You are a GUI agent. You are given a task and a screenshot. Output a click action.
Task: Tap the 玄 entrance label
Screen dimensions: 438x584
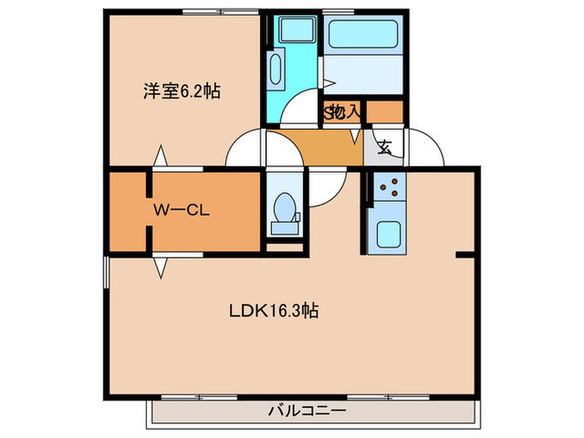coord(385,149)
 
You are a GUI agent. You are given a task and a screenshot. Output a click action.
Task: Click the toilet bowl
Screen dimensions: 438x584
coord(284,204)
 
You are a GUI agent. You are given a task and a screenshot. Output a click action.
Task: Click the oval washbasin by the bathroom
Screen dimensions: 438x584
coord(276,68)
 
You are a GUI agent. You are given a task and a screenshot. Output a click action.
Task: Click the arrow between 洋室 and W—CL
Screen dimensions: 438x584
coord(159,157)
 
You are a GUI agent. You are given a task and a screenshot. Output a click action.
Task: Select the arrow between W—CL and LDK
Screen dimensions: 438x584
coord(159,267)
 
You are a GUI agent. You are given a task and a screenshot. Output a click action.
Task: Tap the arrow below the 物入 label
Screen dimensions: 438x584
coord(355,133)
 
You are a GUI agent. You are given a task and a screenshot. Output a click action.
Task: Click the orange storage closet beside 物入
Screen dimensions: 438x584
coord(385,111)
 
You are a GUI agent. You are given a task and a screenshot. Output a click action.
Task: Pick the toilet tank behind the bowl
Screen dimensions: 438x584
coord(284,225)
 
